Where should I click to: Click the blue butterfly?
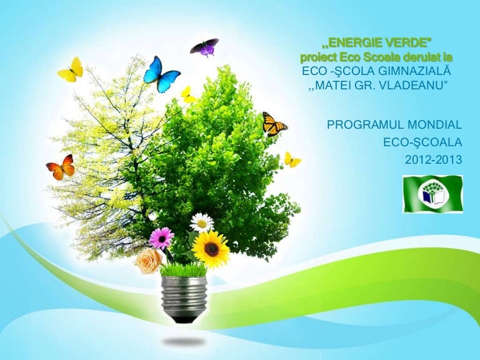(161, 74)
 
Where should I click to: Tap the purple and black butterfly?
(204, 47)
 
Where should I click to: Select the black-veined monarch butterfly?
(273, 124)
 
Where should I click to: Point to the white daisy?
(202, 223)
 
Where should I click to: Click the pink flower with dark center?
(162, 238)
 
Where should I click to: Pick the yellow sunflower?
(211, 249)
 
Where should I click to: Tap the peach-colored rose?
(149, 261)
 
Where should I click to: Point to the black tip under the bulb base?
(184, 319)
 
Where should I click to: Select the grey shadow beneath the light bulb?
(184, 341)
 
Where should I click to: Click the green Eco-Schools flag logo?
(432, 194)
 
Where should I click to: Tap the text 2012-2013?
(434, 159)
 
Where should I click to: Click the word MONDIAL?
(435, 125)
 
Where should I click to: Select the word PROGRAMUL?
(366, 125)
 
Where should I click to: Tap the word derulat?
(421, 57)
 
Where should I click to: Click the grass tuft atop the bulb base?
(183, 270)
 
